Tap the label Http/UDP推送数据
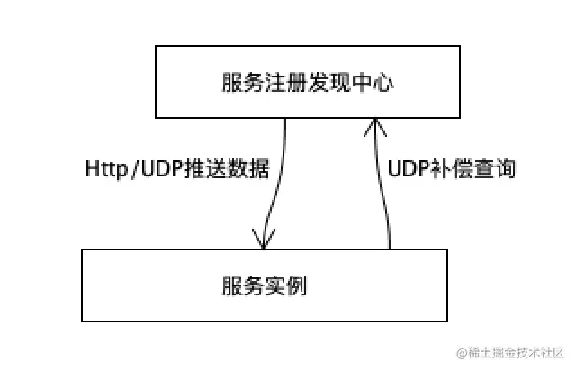[177, 169]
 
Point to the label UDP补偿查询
[452, 169]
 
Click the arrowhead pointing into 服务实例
[263, 239]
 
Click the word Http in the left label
[102, 169]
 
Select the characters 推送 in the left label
[205, 169]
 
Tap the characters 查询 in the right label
[495, 169]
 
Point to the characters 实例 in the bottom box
[285, 286]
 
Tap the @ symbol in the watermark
[462, 352]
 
